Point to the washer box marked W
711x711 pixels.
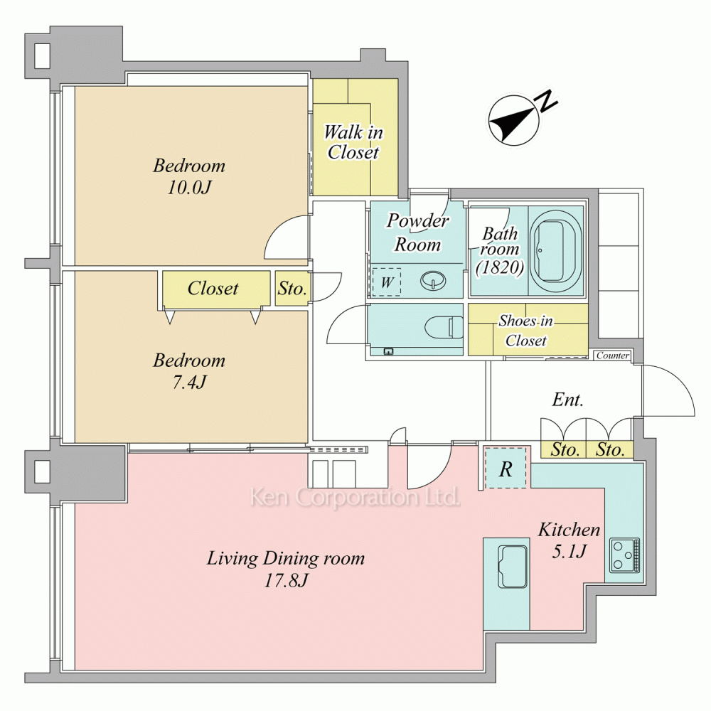coord(386,282)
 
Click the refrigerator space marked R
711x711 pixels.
coord(506,468)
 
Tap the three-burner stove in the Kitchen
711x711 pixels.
coord(624,555)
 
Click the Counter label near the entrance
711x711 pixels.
coord(613,355)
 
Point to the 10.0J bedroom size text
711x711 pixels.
coord(189,187)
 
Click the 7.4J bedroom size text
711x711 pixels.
coord(189,383)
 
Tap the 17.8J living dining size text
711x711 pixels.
coord(286,580)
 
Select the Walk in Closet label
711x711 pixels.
coord(353,142)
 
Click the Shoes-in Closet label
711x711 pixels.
coord(526,331)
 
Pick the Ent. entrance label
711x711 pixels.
coord(567,400)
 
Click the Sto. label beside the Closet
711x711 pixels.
coord(292,289)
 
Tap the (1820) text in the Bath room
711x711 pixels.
coord(500,267)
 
